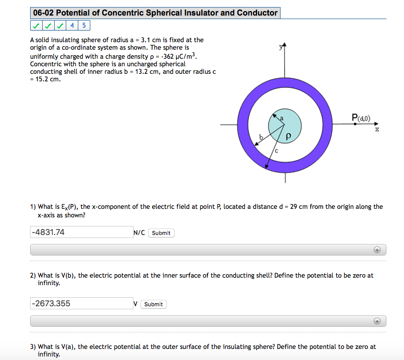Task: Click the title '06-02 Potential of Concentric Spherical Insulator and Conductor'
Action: [155, 13]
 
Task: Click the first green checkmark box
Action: [36, 26]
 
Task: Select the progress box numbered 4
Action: [72, 26]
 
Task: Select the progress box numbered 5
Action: [84, 26]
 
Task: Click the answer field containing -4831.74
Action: [81, 232]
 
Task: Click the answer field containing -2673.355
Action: [81, 303]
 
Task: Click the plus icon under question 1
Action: [376, 250]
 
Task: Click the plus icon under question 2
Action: [376, 321]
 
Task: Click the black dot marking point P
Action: [355, 124]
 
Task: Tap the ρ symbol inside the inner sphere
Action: [288, 136]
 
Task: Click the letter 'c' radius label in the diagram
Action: [276, 151]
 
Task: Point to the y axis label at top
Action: [281, 47]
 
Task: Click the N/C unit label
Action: [139, 232]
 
